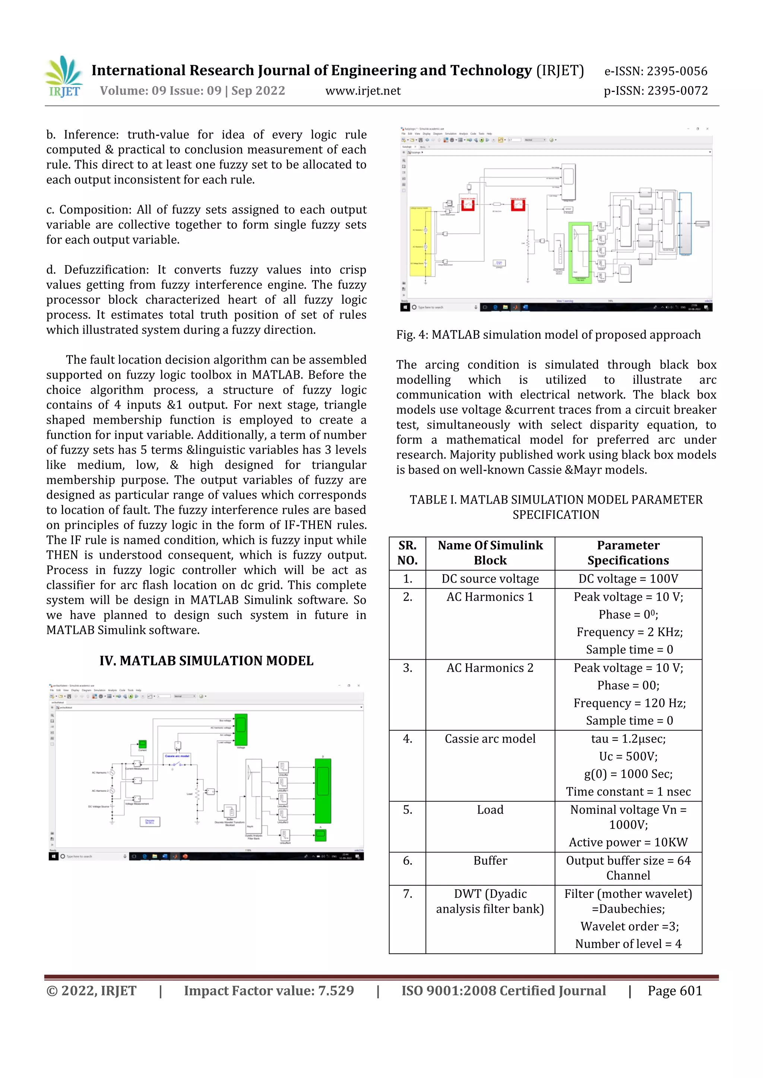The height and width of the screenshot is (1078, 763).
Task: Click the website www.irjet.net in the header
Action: point(363,90)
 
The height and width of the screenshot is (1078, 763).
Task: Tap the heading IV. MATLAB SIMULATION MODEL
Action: point(206,661)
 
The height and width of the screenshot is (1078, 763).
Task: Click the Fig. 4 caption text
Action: point(548,335)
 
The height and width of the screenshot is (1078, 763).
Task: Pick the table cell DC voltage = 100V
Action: point(628,579)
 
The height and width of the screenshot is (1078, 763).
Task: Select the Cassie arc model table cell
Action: point(490,739)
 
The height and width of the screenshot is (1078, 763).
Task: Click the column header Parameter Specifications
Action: point(628,553)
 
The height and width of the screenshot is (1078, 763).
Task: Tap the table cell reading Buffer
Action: point(490,860)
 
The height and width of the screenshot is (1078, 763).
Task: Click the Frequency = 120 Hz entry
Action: point(629,703)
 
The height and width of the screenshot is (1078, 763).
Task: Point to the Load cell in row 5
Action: point(490,810)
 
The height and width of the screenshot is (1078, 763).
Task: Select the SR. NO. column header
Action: point(407,553)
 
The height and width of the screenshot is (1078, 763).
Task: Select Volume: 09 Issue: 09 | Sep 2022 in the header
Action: point(192,90)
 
